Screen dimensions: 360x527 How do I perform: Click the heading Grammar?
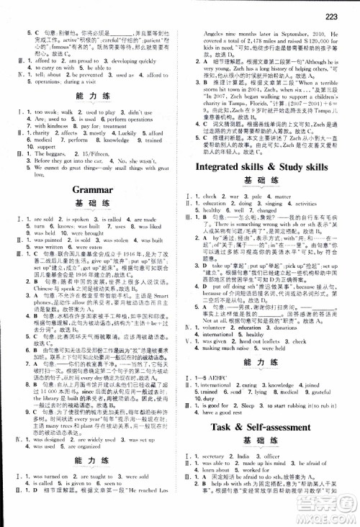click(x=90, y=189)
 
